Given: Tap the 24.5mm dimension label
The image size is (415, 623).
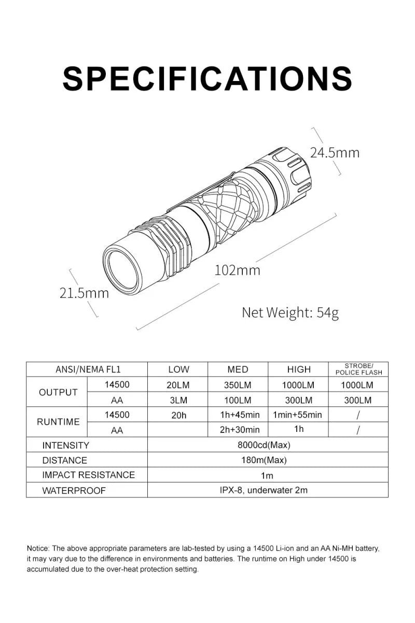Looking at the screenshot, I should click(335, 153).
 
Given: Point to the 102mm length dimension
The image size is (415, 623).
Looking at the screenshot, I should click(238, 270).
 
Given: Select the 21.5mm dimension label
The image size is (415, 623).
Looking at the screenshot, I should click(85, 293).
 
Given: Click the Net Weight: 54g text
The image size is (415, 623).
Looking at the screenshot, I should click(290, 313).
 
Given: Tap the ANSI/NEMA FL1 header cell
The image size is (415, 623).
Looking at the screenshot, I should click(87, 370).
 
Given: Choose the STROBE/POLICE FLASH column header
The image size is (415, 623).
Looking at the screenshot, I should click(358, 369).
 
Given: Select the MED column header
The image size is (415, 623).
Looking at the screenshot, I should click(238, 370).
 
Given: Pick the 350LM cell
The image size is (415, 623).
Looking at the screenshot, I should click(238, 385).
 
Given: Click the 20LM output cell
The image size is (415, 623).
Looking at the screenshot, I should click(178, 385).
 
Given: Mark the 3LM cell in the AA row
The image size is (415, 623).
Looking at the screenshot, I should click(178, 400).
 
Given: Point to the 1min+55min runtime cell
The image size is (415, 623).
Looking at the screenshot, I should click(298, 415).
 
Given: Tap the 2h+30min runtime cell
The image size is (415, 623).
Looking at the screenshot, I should click(238, 429).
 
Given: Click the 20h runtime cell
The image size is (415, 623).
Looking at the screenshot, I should click(178, 415).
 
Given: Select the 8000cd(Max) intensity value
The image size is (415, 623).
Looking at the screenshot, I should click(268, 445).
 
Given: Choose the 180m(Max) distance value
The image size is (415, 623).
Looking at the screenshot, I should click(268, 460).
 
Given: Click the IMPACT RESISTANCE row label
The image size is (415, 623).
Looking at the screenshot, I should click(88, 475).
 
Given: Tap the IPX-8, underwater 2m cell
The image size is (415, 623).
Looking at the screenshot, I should click(268, 490).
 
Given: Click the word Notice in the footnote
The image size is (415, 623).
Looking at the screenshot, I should click(38, 548).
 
